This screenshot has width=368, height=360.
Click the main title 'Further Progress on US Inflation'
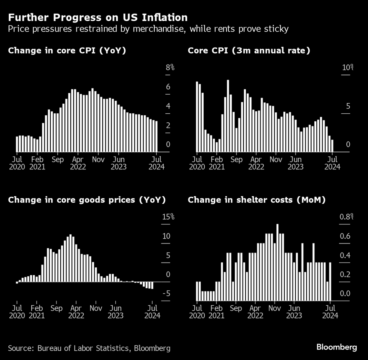click(97, 17)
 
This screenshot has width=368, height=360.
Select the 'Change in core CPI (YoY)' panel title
click(67, 51)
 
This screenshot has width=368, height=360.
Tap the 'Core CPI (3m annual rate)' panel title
click(249, 51)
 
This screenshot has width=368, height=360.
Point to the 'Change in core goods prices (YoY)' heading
click(87, 200)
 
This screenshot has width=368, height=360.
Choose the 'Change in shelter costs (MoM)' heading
click(256, 200)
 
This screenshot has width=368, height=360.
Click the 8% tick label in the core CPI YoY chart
click(170, 68)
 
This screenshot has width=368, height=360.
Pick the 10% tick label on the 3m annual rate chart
click(348, 68)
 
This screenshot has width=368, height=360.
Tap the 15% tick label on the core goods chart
click(168, 217)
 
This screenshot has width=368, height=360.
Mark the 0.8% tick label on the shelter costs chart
click(346, 217)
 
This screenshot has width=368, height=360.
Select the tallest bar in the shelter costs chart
click(277, 262)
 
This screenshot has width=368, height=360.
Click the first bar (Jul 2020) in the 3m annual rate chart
click(197, 116)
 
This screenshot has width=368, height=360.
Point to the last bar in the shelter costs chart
click(330, 281)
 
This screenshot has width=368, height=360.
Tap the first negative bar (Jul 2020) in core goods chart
click(17, 283)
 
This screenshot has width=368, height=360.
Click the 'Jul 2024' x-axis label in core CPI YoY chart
click(157, 163)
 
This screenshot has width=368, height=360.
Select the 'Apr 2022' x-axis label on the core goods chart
click(76, 312)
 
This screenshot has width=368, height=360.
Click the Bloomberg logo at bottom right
click(337, 347)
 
